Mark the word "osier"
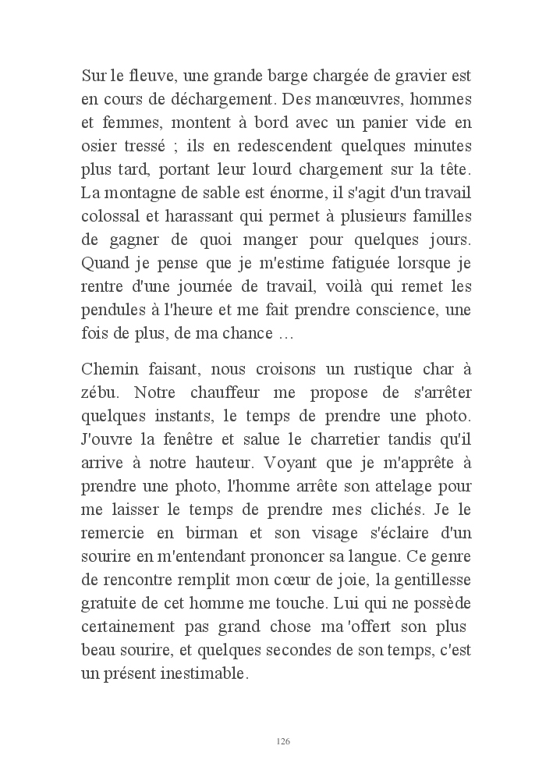(97, 146)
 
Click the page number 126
(283, 740)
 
